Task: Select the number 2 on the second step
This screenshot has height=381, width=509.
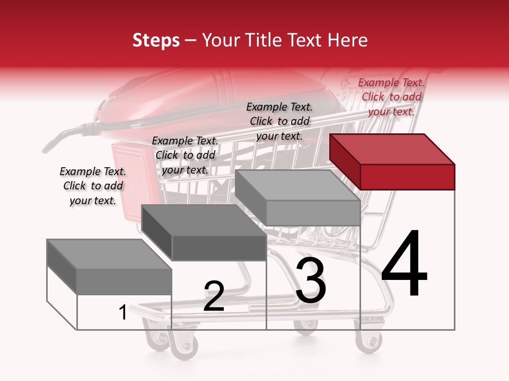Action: pos(214,296)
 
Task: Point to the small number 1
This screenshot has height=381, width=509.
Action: pos(122,313)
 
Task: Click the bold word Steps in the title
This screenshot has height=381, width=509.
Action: pos(156,40)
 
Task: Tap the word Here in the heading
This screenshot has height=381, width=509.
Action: pos(349,40)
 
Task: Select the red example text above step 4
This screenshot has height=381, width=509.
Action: pos(391,97)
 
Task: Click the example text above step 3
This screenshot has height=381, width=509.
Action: pos(279,121)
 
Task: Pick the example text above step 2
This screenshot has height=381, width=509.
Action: pos(185,155)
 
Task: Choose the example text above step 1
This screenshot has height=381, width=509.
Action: pos(93,186)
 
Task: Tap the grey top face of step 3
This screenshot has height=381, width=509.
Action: pos(297,186)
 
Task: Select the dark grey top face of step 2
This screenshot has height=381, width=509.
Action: pos(204,220)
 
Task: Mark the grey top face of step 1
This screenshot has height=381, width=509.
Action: pos(109,255)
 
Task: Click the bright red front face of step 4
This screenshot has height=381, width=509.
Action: pos(407,177)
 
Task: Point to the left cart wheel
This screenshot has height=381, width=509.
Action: pos(184,347)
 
